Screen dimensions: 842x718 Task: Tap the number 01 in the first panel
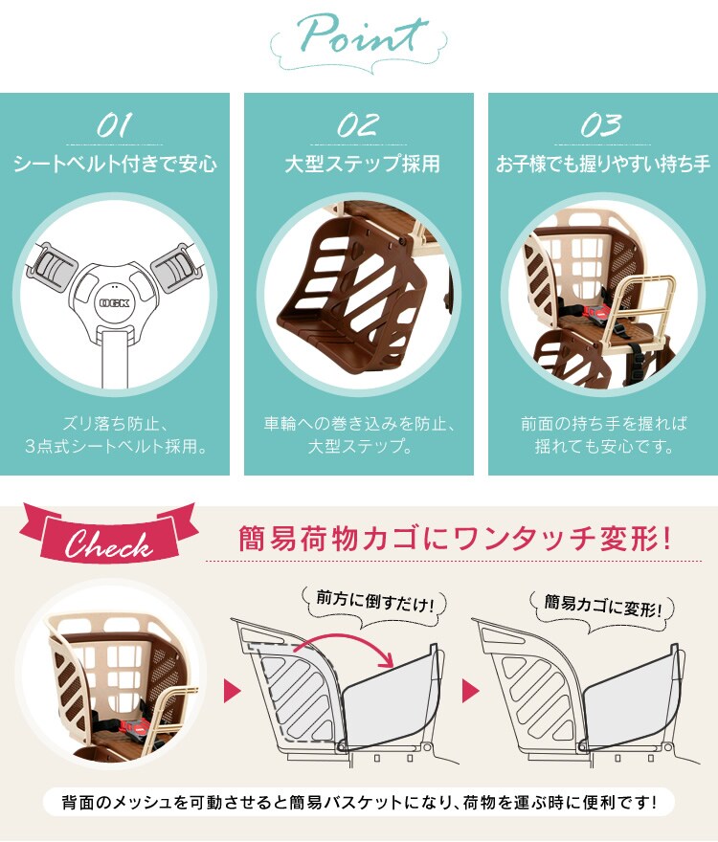pos(115,124)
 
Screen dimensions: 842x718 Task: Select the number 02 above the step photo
pos(357,124)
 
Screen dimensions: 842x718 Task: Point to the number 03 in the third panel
pos(601,124)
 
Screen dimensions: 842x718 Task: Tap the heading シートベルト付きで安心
pos(115,164)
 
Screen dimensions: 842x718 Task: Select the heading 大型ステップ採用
pos(359,164)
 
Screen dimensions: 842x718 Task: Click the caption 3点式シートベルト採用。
pos(115,446)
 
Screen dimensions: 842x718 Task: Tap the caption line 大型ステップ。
pos(359,446)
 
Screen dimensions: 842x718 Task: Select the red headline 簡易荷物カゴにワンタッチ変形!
pos(456,539)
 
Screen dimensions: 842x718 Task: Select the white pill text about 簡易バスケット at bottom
pos(359,800)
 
